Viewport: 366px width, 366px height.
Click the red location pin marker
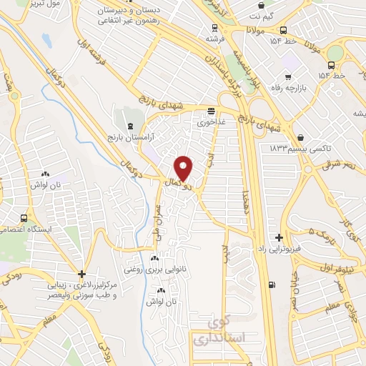(184, 168)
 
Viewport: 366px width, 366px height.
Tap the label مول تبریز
(51, 4)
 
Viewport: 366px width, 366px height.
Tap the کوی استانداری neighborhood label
(219, 329)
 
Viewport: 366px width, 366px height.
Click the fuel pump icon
(271, 285)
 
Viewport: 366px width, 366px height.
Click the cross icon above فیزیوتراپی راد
(279, 237)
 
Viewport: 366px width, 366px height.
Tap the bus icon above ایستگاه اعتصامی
(24, 219)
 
